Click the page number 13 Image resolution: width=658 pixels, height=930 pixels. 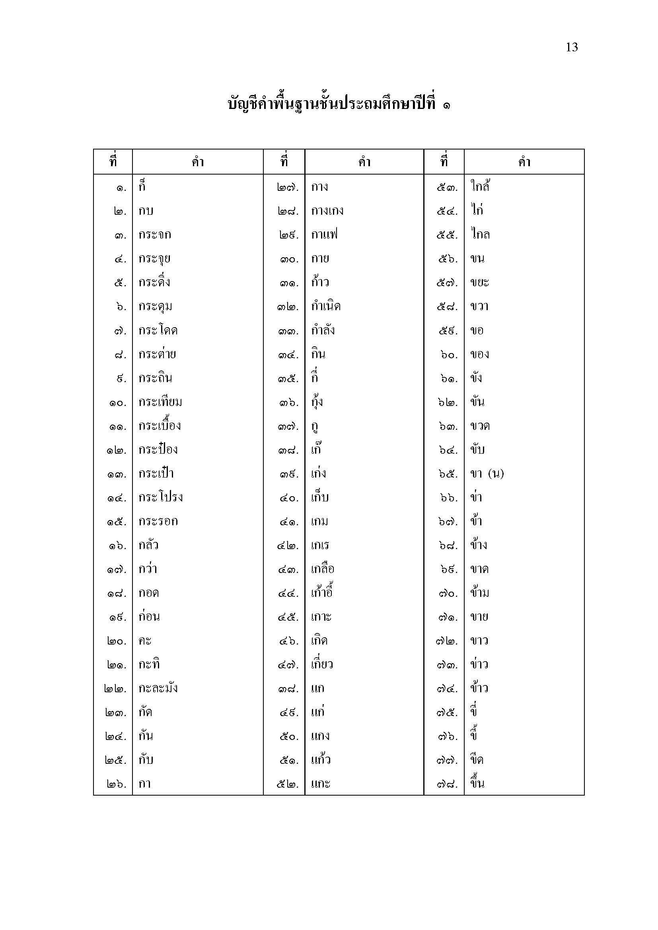(571, 47)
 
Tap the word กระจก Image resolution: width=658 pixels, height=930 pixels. (155, 235)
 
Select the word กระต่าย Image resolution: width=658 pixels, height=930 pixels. (157, 354)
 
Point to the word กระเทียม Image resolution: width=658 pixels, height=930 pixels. (160, 402)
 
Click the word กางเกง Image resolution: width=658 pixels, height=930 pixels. (327, 211)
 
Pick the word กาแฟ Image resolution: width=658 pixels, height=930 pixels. (325, 235)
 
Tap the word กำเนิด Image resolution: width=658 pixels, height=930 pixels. (326, 307)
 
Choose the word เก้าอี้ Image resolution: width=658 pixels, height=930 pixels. (322, 593)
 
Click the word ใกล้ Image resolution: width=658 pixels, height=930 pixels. (480, 187)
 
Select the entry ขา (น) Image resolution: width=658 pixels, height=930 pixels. (487, 474)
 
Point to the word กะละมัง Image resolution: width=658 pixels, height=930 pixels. (158, 689)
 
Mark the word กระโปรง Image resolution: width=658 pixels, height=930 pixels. (161, 497)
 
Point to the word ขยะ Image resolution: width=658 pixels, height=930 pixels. (480, 283)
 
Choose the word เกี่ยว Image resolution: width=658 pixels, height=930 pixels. (322, 665)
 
